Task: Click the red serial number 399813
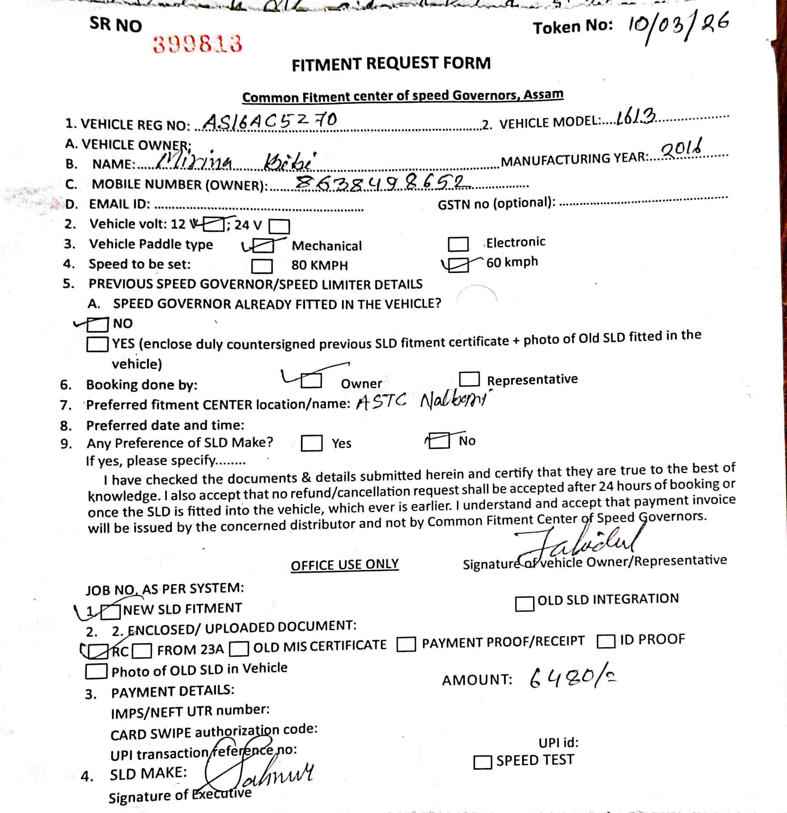point(197,44)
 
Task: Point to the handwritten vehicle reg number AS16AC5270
point(270,121)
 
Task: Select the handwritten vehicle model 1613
point(635,117)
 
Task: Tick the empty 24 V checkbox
point(279,226)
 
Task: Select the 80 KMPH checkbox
point(262,266)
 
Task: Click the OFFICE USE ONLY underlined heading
point(344,565)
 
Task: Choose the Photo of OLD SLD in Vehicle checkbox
point(96,672)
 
